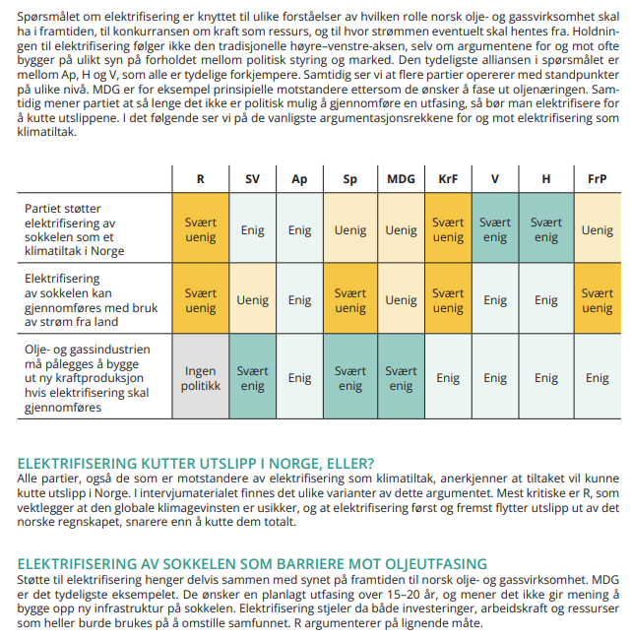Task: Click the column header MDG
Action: pyautogui.click(x=401, y=179)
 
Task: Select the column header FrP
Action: pyautogui.click(x=597, y=179)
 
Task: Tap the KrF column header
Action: pyautogui.click(x=448, y=179)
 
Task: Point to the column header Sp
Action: pyautogui.click(x=350, y=179)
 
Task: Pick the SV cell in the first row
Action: pyautogui.click(x=253, y=230)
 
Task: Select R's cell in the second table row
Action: pyautogui.click(x=201, y=300)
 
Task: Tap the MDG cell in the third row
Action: pyautogui.click(x=401, y=378)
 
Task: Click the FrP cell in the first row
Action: pyautogui.click(x=597, y=230)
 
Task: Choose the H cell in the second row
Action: pyautogui.click(x=545, y=300)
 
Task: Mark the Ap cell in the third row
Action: pyautogui.click(x=299, y=378)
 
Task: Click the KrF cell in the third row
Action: pyautogui.click(x=448, y=378)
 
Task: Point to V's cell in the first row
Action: pyautogui.click(x=495, y=230)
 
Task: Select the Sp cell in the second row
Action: pyautogui.click(x=350, y=300)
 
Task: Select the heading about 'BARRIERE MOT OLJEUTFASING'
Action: pyautogui.click(x=253, y=564)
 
